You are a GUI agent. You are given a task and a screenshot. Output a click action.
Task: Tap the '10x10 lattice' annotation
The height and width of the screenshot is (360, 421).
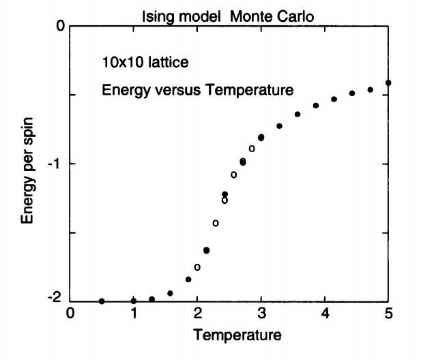coord(141,63)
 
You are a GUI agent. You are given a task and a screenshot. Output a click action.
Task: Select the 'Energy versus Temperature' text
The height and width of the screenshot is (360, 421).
coord(197,89)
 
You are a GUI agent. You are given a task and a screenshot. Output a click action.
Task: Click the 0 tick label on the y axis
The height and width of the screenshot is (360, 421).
coord(59,27)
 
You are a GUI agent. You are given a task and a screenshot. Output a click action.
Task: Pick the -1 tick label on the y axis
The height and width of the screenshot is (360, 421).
coord(57,164)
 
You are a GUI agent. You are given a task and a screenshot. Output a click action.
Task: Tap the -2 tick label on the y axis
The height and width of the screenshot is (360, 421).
coord(57,300)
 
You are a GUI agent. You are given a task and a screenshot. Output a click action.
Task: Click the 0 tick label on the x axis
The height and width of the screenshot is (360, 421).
coord(71,314)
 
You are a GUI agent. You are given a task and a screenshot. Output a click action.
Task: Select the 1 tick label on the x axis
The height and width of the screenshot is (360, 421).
coord(134,314)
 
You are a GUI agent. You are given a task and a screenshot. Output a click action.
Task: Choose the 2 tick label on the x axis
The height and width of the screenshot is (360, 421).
coord(198,314)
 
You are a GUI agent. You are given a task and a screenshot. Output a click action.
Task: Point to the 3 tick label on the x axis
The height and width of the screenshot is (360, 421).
coord(261,314)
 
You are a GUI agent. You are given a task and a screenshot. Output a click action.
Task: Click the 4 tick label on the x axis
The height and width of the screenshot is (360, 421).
coord(325,314)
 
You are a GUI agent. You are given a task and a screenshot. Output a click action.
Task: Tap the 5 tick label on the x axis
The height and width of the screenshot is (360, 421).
coord(388,314)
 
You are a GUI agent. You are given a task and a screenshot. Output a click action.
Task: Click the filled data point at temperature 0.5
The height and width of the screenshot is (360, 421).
coord(102,301)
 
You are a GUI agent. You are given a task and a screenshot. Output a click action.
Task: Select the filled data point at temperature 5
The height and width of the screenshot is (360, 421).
coord(388,82)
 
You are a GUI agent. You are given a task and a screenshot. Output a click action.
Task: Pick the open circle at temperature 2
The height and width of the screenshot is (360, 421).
coord(197,267)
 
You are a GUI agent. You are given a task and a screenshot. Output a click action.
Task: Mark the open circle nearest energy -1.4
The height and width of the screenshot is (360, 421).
coord(216,223)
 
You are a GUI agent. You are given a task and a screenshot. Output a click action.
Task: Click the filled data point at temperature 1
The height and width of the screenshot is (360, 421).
coord(134,301)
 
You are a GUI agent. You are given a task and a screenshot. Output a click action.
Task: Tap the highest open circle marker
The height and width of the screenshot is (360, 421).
coord(252,148)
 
